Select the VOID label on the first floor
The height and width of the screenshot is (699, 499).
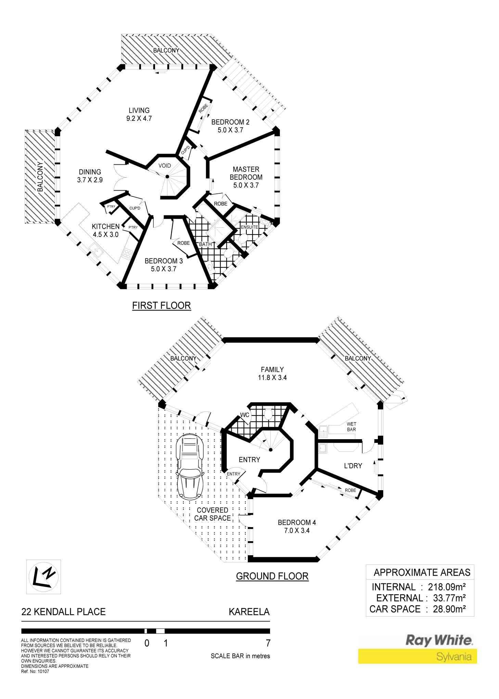point(165,166)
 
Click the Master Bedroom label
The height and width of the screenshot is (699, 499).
point(246,173)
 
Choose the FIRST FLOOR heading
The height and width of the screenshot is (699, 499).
point(162,305)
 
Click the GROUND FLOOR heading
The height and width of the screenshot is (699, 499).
point(272,576)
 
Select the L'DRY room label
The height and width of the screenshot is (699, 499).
point(353,466)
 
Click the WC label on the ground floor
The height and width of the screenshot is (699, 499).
point(245,415)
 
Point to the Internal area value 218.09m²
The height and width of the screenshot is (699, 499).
point(447,587)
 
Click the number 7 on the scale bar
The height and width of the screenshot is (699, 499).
point(268,643)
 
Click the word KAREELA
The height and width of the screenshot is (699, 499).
point(249,612)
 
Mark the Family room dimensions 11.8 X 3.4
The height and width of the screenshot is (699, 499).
point(272,378)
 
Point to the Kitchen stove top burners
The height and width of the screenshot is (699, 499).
point(127,254)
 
